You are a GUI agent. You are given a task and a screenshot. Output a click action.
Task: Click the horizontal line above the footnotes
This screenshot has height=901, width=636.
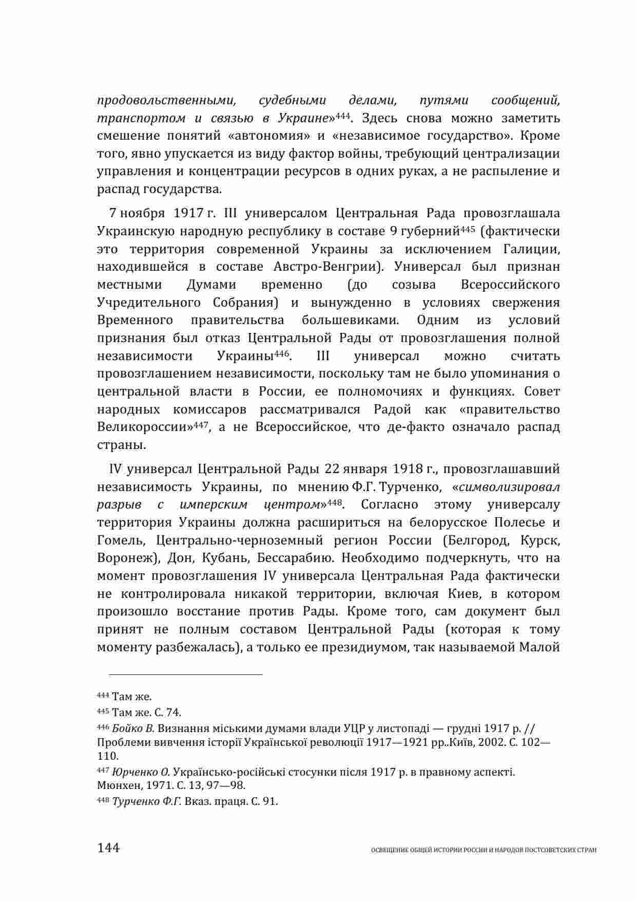tap(180, 674)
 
